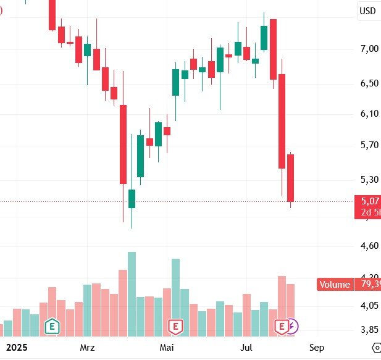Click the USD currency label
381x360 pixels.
point(368,10)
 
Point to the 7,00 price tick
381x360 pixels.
point(369,49)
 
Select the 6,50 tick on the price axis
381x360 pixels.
point(369,83)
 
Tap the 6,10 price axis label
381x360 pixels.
point(369,114)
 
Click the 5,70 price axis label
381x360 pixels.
point(369,145)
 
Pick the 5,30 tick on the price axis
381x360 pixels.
point(369,180)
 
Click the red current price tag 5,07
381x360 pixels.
point(369,201)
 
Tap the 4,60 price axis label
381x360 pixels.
point(369,246)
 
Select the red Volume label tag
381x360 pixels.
point(335,285)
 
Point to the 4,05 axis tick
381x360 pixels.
point(369,306)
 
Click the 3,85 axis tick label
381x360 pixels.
point(369,329)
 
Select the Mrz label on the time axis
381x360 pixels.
point(87,347)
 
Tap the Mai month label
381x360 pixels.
point(167,347)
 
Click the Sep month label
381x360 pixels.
point(317,347)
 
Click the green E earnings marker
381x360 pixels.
point(52,325)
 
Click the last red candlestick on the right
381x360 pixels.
point(290,178)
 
